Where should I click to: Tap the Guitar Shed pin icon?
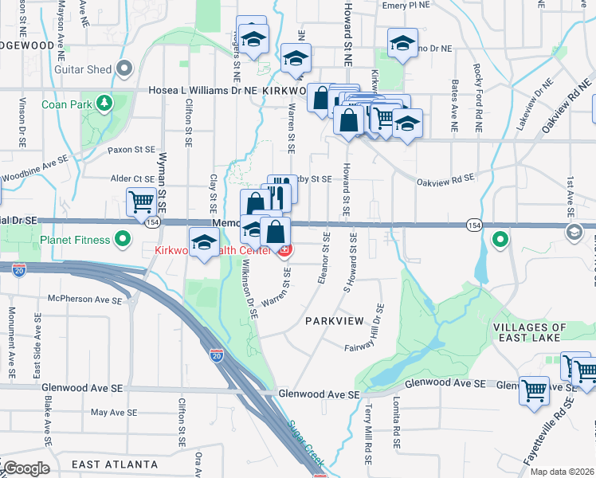click(x=124, y=69)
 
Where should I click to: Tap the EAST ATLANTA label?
click(x=114, y=464)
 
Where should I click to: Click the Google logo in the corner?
click(x=25, y=468)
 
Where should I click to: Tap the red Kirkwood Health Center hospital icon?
click(x=284, y=251)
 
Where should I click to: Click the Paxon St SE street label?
click(x=131, y=149)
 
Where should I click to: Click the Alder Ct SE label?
click(x=132, y=179)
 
